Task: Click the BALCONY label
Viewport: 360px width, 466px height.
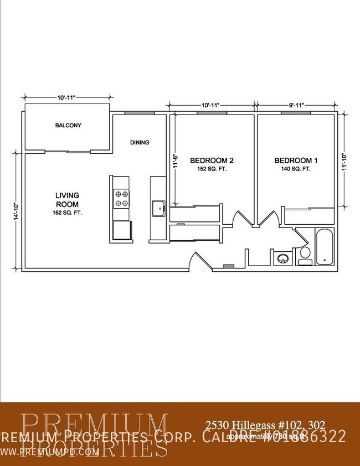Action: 68,125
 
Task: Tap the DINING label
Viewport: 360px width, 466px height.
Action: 140,142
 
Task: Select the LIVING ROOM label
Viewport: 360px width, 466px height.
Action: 67,199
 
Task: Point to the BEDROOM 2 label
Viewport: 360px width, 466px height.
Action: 208,161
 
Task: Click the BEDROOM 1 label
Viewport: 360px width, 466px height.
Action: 293,161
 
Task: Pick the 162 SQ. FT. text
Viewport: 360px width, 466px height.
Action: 67,213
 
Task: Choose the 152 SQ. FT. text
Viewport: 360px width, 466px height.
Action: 208,169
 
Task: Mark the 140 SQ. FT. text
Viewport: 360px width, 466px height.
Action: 293,169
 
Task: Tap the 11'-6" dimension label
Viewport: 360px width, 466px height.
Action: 174,160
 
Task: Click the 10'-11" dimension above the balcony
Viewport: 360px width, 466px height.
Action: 66,97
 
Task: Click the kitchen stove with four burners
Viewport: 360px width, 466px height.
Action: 121,198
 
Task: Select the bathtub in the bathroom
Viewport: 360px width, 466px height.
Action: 325,247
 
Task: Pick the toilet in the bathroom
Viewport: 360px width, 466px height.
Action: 304,254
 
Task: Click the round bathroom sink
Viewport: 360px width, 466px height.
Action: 282,258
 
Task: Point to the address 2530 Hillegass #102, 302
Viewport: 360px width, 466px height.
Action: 261,425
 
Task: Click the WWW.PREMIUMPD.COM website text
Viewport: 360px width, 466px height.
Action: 50,451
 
